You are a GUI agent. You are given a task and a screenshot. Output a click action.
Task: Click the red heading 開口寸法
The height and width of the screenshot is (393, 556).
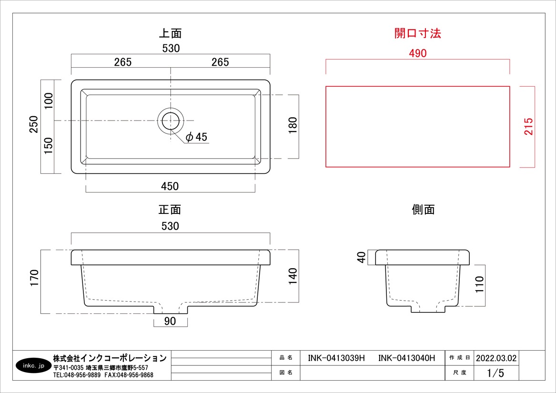pos(417,33)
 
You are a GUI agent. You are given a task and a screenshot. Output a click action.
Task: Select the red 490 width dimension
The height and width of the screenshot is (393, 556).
pos(417,53)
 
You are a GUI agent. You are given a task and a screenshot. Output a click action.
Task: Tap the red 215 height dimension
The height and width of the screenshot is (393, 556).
pos(528,126)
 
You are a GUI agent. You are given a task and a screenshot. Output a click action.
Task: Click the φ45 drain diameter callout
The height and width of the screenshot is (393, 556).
pos(196,137)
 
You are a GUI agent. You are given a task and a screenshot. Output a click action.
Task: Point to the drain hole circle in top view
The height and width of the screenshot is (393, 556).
pos(171,121)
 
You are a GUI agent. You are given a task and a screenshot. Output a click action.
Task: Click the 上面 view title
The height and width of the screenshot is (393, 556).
pos(170,33)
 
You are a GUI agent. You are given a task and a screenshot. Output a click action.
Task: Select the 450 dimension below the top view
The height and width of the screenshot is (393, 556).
pos(170,186)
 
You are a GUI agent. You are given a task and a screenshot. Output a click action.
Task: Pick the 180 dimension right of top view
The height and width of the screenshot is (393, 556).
pos(293,125)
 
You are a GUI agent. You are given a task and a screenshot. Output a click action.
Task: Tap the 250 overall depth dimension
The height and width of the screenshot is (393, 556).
pos(34,125)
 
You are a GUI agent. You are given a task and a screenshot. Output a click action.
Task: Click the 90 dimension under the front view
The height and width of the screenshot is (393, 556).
pos(170,322)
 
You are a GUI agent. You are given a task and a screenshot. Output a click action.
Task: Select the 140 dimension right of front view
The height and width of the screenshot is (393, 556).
pos(293,276)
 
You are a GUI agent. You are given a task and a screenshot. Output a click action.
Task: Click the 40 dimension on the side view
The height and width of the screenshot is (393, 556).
pos(362,257)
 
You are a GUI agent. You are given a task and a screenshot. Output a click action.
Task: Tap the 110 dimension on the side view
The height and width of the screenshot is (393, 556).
pos(479,284)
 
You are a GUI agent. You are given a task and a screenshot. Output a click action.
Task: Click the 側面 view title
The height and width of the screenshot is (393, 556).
pos(423,210)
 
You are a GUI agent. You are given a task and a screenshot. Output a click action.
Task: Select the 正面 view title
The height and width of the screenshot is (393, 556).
pos(170,210)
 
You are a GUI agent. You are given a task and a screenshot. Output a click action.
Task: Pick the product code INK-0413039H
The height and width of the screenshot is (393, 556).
pos(336,358)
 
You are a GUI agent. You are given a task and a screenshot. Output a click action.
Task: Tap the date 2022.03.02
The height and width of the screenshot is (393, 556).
pos(495,358)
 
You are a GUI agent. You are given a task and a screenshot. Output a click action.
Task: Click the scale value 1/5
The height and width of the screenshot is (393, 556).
pos(495,373)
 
